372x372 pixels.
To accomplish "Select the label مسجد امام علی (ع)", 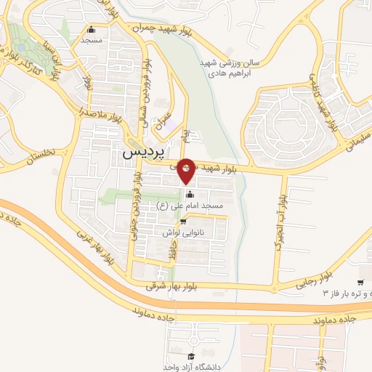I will pos(190,206).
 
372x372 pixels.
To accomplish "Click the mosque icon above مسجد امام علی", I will pos(190,194).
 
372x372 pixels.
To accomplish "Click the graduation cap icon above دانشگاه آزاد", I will pos(190,355).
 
